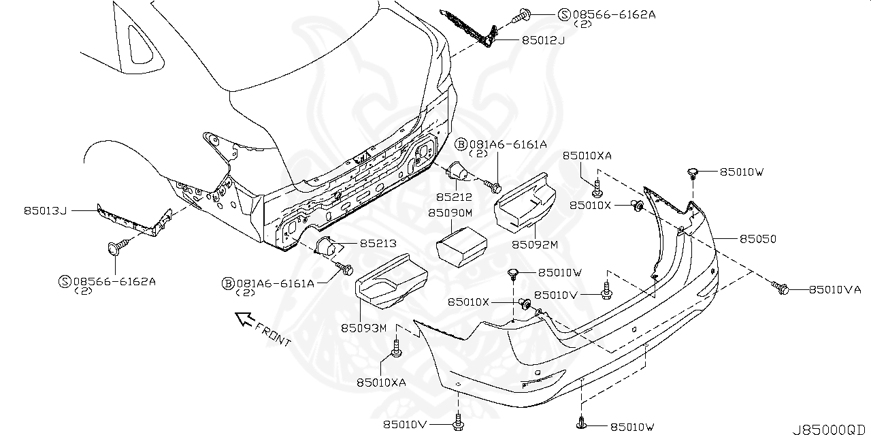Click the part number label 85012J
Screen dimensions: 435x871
tap(543, 41)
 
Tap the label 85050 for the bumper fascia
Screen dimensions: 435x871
tap(758, 240)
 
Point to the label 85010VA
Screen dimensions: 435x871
tap(835, 289)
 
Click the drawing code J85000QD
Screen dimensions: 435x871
tap(829, 429)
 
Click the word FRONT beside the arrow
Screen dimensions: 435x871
tap(273, 334)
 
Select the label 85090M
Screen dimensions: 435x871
tap(450, 213)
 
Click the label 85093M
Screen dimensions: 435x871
tap(363, 328)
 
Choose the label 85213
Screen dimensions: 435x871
tap(378, 243)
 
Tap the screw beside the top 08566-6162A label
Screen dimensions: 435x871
tap(523, 13)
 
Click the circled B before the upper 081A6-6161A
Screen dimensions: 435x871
tap(460, 144)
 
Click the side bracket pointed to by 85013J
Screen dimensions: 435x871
tap(133, 222)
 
